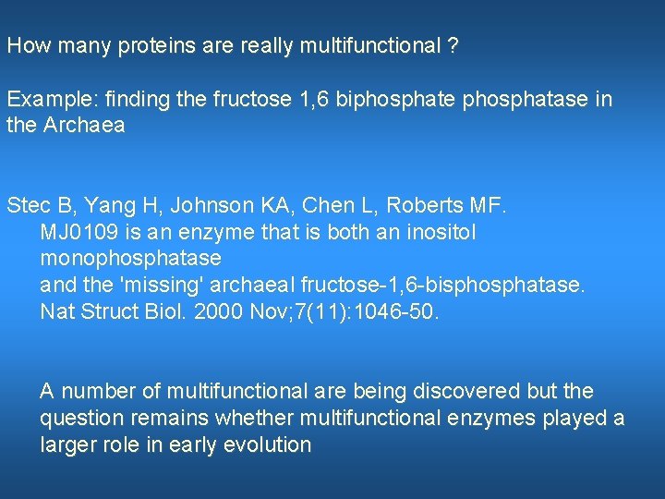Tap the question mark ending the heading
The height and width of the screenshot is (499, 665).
coord(453,45)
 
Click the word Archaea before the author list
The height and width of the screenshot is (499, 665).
coord(83,126)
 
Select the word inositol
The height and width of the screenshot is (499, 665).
coord(441,232)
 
